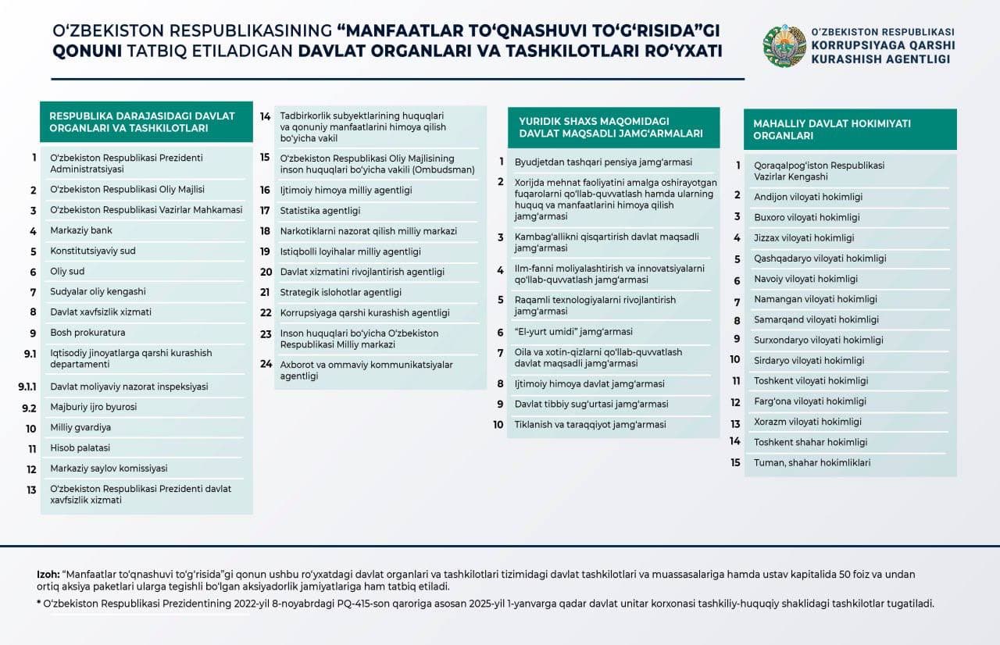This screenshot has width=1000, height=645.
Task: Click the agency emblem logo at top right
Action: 784,45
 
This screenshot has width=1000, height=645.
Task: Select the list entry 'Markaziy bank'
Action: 81,230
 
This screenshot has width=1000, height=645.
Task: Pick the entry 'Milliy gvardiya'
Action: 80,428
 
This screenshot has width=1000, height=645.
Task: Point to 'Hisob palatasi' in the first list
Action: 80,448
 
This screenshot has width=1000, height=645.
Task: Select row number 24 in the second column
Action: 266,365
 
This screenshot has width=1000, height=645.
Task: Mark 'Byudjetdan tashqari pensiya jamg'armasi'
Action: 592,162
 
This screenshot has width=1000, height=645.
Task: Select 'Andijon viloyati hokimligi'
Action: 808,197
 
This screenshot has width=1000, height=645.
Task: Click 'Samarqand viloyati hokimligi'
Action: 816,319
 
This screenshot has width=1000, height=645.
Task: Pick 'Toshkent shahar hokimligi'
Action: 810,442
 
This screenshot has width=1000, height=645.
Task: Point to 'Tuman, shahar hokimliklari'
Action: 812,462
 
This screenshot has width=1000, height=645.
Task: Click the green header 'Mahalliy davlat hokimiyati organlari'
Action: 849,130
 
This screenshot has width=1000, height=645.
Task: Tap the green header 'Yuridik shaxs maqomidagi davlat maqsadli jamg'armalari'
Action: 612,127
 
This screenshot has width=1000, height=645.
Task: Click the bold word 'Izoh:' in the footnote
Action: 48,574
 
